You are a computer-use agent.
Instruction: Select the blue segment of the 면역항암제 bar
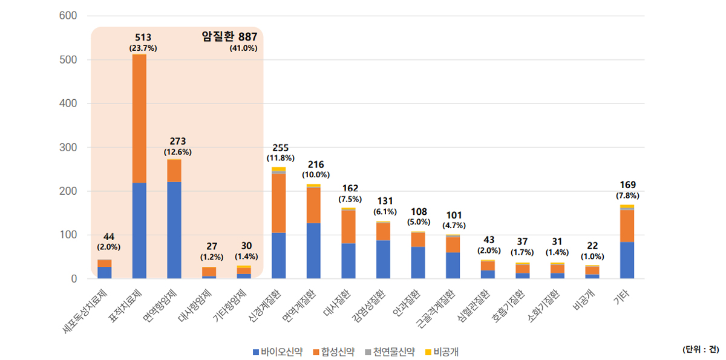click(x=174, y=230)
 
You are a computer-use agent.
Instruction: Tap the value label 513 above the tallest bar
click(x=143, y=38)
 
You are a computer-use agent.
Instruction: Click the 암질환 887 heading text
click(x=229, y=37)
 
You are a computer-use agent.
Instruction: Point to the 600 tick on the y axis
click(x=67, y=16)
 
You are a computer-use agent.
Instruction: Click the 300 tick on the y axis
click(x=67, y=148)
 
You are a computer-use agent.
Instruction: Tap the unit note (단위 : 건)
click(x=701, y=350)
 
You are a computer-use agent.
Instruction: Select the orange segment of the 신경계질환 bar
click(x=279, y=203)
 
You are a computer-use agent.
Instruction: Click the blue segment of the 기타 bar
click(x=627, y=260)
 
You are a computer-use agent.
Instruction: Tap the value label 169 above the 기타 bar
click(x=627, y=185)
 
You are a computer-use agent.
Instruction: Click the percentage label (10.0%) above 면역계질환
click(x=313, y=174)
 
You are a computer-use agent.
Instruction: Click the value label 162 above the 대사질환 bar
click(x=348, y=188)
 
